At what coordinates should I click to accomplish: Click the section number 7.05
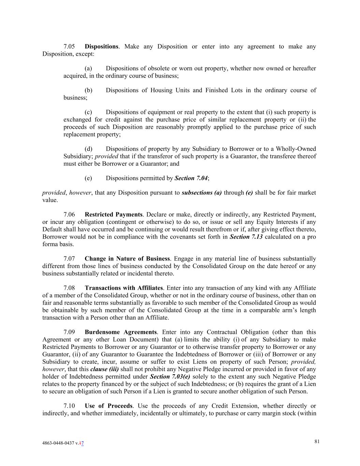pos(69,46)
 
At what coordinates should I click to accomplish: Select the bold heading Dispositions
pos(101,46)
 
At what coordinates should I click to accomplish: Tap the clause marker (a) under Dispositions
pos(88,68)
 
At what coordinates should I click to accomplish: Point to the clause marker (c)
pos(88,112)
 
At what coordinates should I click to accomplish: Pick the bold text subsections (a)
pos(202,193)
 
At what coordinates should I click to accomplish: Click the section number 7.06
pos(69,215)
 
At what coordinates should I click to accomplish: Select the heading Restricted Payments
pos(113,215)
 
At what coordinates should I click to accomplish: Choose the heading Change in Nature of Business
pos(127,259)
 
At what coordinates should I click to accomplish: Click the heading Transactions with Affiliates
pos(124,288)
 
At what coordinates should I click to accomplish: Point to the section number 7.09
pos(69,332)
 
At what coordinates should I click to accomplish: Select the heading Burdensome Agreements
pos(120,332)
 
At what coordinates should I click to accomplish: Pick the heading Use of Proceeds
pos(108,406)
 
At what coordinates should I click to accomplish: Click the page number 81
pos(317,442)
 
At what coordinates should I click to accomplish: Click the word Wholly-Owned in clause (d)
pos(296,149)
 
